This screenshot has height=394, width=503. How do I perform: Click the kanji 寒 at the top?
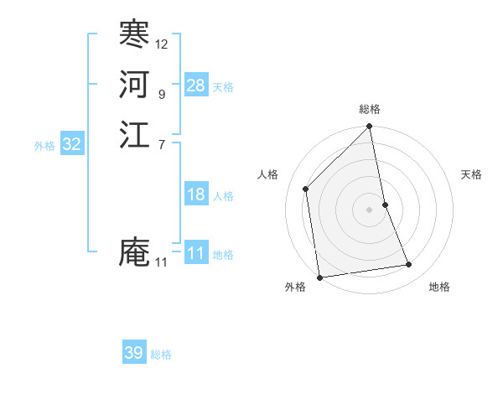point(134,34)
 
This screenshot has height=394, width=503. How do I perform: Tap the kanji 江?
point(134,134)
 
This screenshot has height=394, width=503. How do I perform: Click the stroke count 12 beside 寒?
point(162,44)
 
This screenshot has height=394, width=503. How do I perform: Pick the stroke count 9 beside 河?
point(161,94)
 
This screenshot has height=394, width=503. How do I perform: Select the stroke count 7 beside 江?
point(161,144)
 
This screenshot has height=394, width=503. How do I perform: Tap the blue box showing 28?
point(196,86)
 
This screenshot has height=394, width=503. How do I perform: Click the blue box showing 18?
point(196,194)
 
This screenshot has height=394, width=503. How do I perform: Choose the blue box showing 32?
point(72,144)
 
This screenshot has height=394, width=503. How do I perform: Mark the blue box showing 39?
point(134,353)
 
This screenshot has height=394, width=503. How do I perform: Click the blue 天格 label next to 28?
point(223,87)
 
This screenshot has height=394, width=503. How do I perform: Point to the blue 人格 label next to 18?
point(223,196)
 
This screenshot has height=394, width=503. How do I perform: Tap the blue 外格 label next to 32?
point(44,146)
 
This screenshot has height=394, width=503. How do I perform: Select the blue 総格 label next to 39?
point(161,355)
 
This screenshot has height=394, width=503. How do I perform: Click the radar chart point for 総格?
point(370,127)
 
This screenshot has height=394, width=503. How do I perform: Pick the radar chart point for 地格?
point(409,265)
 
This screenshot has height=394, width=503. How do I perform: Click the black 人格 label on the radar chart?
point(267,174)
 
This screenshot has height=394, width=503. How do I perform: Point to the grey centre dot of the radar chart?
point(370,210)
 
